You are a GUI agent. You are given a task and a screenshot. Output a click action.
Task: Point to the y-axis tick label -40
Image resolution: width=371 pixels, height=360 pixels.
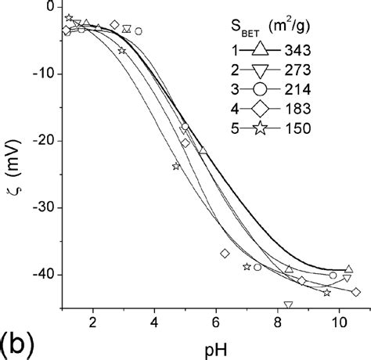pyautogui.click(x=44, y=275)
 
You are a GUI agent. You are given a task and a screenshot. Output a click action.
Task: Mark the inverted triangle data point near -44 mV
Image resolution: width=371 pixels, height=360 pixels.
pyautogui.click(x=288, y=305)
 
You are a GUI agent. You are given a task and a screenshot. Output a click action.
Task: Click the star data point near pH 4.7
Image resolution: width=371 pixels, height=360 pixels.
pyautogui.click(x=176, y=166)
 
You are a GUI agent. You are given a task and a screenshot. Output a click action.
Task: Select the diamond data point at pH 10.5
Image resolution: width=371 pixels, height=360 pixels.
pyautogui.click(x=356, y=292)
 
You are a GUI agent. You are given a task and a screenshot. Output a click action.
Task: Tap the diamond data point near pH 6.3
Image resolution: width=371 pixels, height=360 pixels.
pyautogui.click(x=225, y=254)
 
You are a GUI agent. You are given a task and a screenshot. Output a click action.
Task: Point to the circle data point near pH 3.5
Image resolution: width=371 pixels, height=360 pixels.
pyautogui.click(x=139, y=31)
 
